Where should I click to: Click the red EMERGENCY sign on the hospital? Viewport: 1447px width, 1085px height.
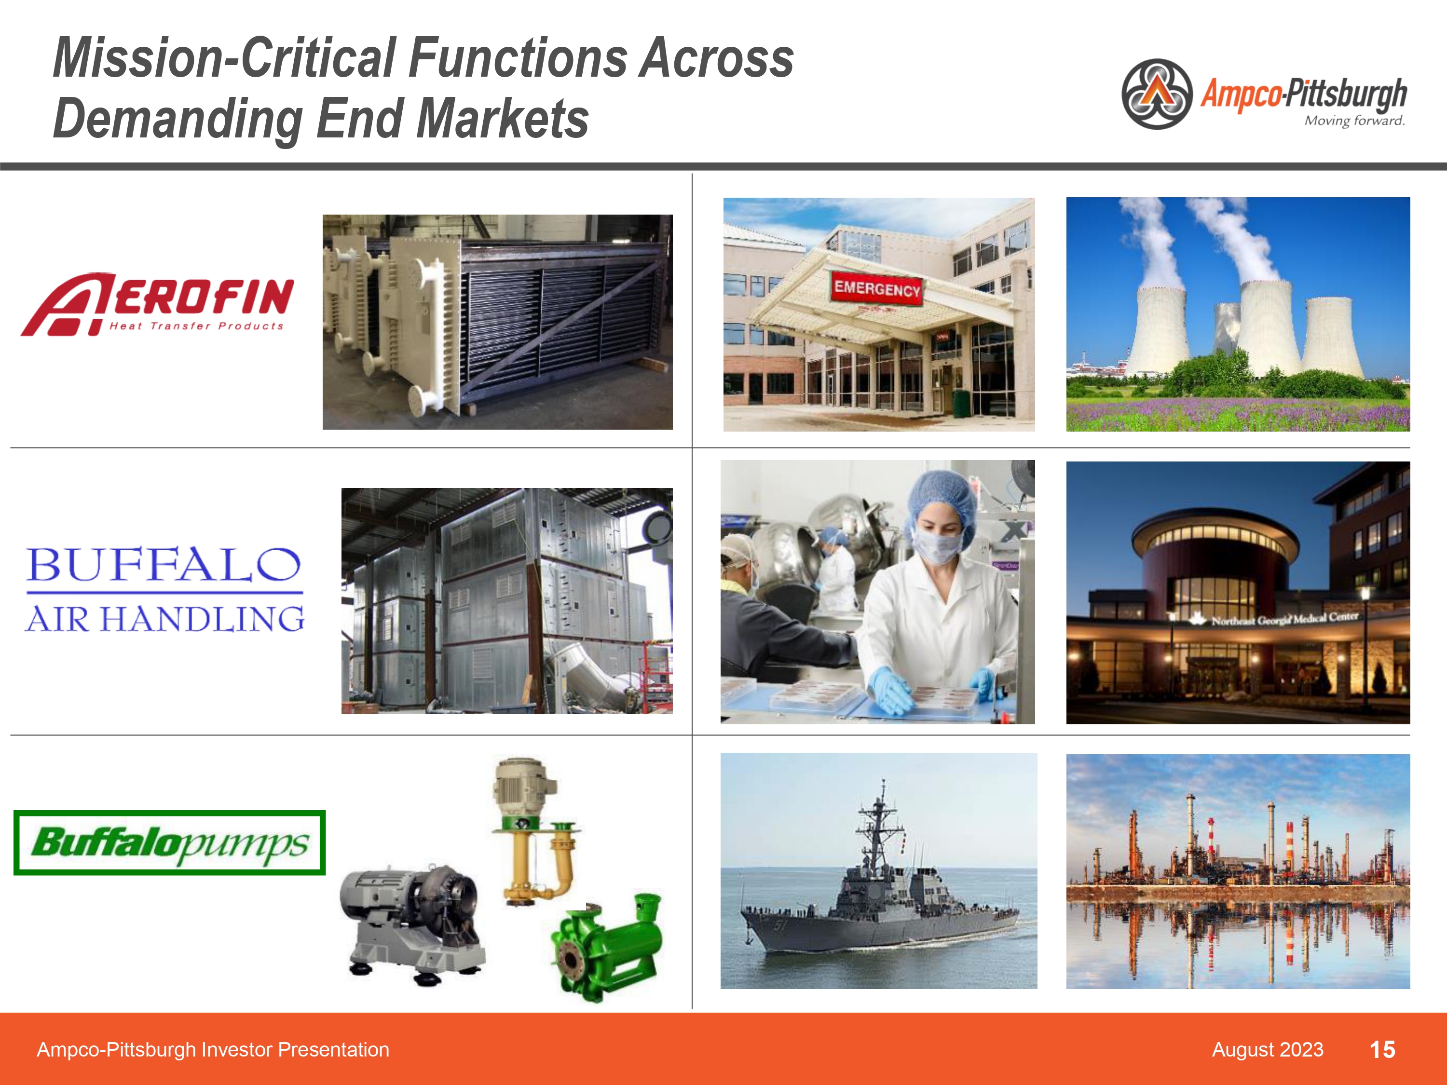pyautogui.click(x=876, y=288)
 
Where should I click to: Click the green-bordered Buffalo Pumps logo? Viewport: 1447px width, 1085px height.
pyautogui.click(x=169, y=842)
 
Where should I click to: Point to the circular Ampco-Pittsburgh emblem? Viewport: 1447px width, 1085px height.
pyautogui.click(x=1157, y=94)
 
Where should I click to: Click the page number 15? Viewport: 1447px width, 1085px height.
pyautogui.click(x=1382, y=1050)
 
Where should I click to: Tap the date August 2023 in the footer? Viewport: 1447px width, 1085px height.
pyautogui.click(x=1267, y=1050)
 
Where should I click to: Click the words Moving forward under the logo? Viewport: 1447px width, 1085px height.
pyautogui.click(x=1354, y=121)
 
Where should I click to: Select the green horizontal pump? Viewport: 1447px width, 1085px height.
pyautogui.click(x=605, y=949)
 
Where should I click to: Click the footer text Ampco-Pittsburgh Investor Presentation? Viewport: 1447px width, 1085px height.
pyautogui.click(x=213, y=1050)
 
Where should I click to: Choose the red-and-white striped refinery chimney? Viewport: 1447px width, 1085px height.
pyautogui.click(x=1289, y=844)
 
